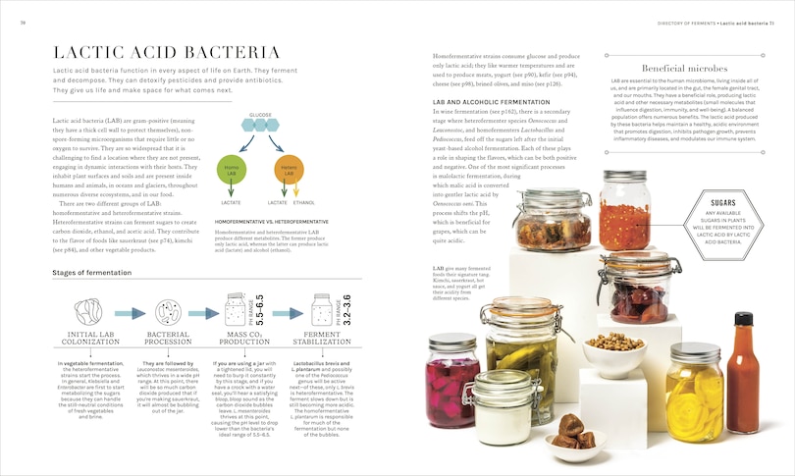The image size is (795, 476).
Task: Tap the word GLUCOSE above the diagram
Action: (x=260, y=116)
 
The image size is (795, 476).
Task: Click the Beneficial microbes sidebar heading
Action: (x=684, y=69)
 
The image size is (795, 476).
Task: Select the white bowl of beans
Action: (x=613, y=352)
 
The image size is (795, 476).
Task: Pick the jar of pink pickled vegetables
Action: (x=452, y=375)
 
